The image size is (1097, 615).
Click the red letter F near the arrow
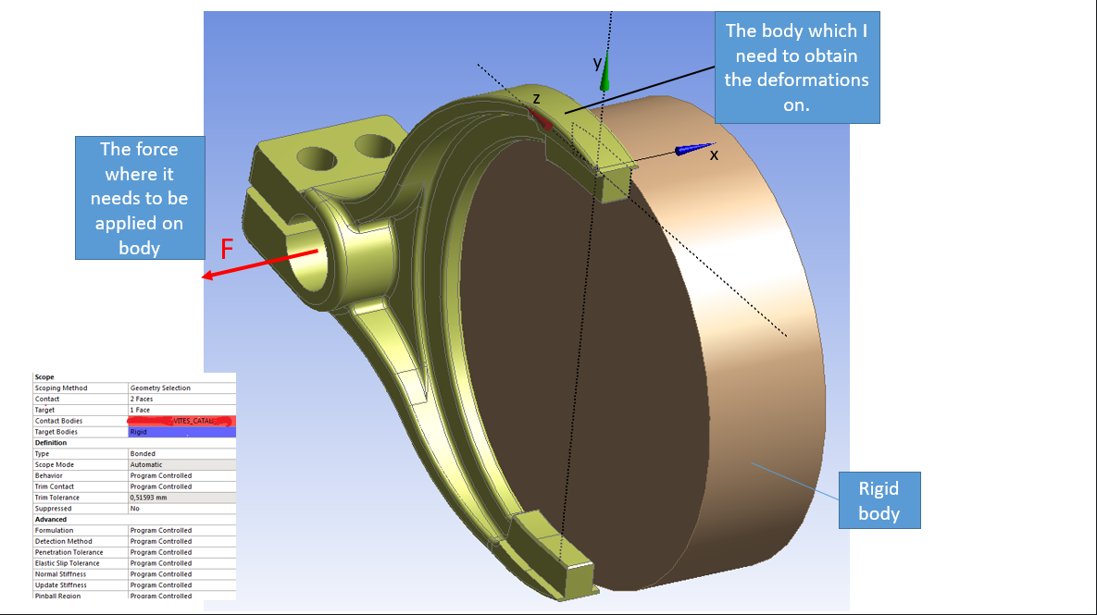click(227, 249)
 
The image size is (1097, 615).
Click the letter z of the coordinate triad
click(536, 98)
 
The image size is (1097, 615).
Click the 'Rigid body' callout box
click(879, 500)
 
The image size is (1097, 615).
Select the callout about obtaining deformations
click(796, 68)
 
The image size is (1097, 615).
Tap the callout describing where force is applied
click(139, 198)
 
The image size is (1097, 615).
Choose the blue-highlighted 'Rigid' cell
click(139, 432)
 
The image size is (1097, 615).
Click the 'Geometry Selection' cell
click(160, 388)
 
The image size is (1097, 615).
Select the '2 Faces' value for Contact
click(143, 399)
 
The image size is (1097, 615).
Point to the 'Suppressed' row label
click(53, 509)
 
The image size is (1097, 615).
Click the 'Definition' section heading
click(51, 443)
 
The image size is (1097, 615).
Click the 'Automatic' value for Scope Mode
click(146, 465)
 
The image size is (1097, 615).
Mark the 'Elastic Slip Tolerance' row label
click(67, 563)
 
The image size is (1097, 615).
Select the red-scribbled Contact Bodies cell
click(181, 421)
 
